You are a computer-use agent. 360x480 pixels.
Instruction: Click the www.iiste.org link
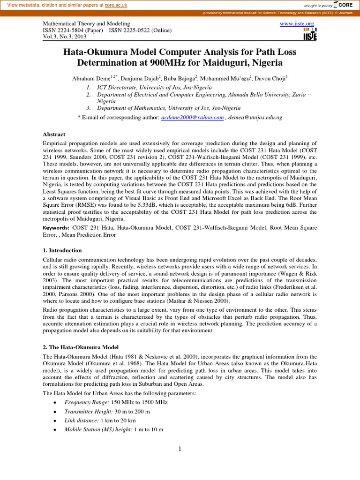(x=297, y=23)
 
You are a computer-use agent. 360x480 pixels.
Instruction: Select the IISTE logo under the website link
(x=310, y=36)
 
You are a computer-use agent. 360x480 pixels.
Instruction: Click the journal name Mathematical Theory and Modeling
(x=83, y=23)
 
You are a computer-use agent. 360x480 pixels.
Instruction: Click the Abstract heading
(x=54, y=134)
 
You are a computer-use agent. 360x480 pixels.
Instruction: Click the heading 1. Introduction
(x=62, y=251)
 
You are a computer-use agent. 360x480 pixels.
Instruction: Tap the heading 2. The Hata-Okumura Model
(x=81, y=347)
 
